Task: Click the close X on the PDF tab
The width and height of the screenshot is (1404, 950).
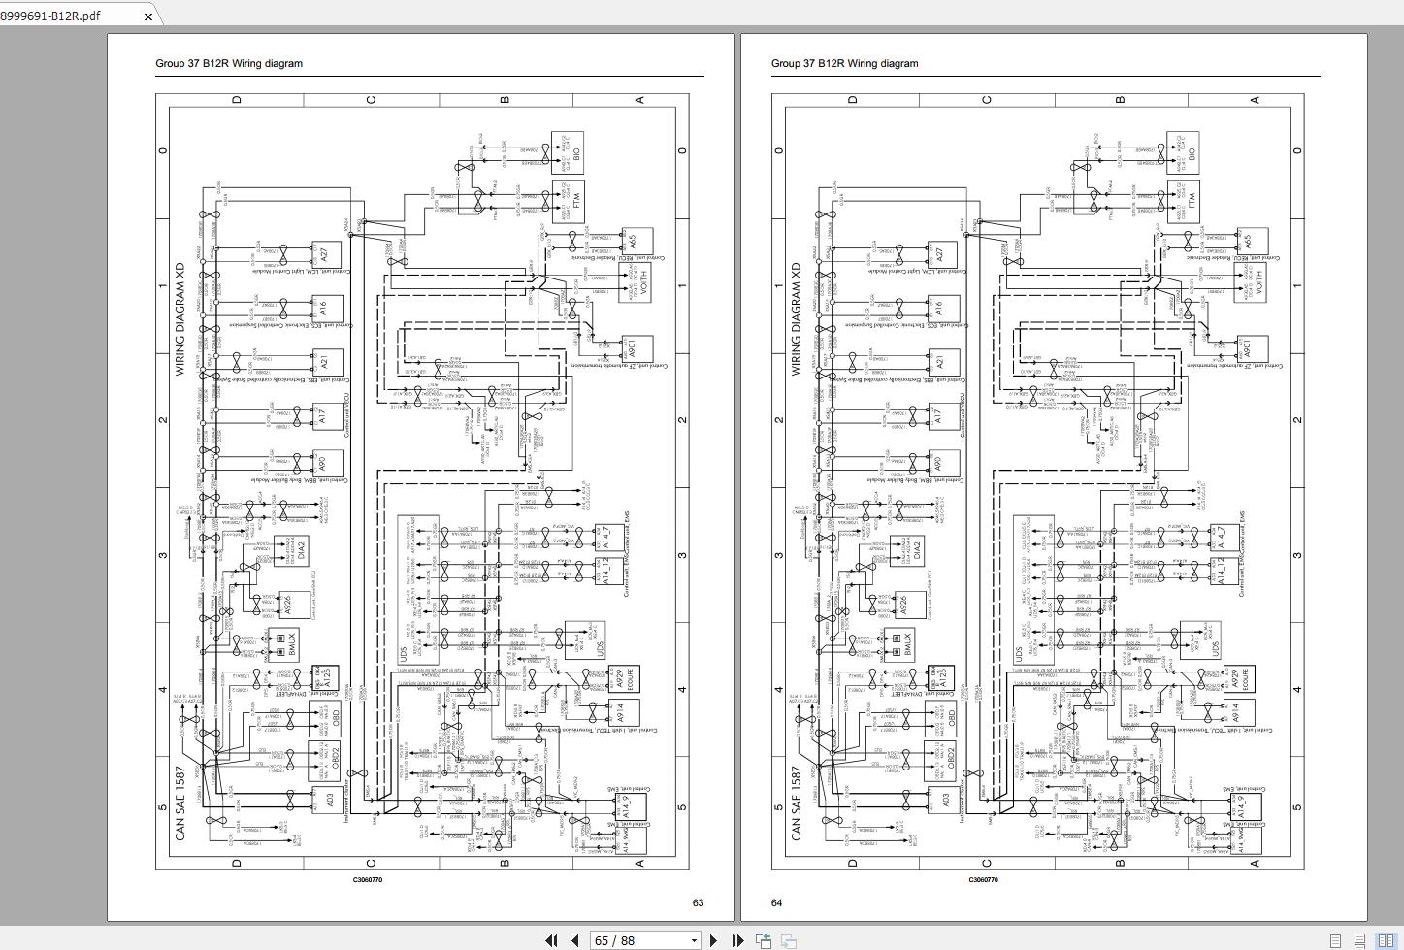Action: [147, 16]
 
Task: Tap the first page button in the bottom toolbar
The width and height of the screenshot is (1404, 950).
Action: [551, 940]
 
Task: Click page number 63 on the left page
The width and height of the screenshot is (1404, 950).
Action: [698, 902]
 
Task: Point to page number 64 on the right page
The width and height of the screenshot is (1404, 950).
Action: [776, 902]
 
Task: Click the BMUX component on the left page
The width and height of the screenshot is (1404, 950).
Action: [286, 644]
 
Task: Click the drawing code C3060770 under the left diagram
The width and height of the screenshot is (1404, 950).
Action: [367, 880]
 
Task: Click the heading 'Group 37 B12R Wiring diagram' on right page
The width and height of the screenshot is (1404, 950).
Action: [844, 63]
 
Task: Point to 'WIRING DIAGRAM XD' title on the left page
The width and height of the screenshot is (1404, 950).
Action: [180, 318]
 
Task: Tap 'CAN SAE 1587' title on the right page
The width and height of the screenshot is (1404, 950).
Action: [797, 803]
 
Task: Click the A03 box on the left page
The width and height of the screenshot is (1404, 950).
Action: [325, 801]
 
